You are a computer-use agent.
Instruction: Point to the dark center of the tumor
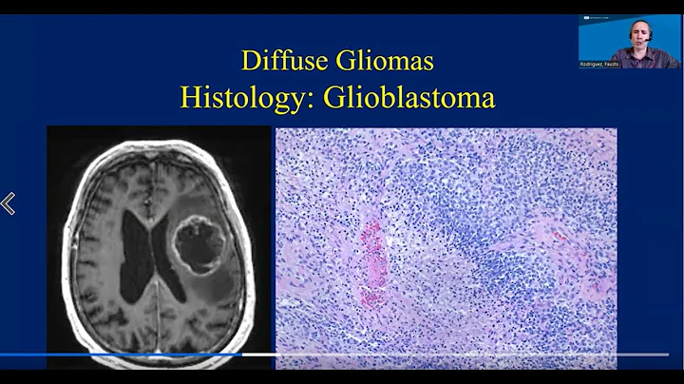199,249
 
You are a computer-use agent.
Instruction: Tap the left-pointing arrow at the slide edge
9,203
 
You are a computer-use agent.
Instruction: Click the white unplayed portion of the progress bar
456,354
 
